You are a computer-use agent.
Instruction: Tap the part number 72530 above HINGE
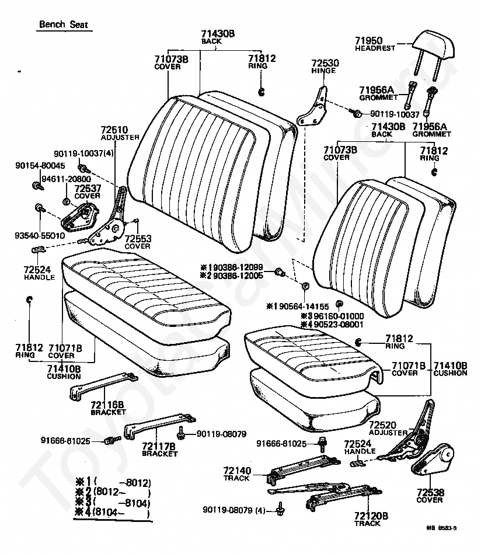point(325,62)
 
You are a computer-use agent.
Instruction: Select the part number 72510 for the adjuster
point(115,130)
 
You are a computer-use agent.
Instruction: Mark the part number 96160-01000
point(336,316)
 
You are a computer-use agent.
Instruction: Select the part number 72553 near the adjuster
point(139,239)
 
